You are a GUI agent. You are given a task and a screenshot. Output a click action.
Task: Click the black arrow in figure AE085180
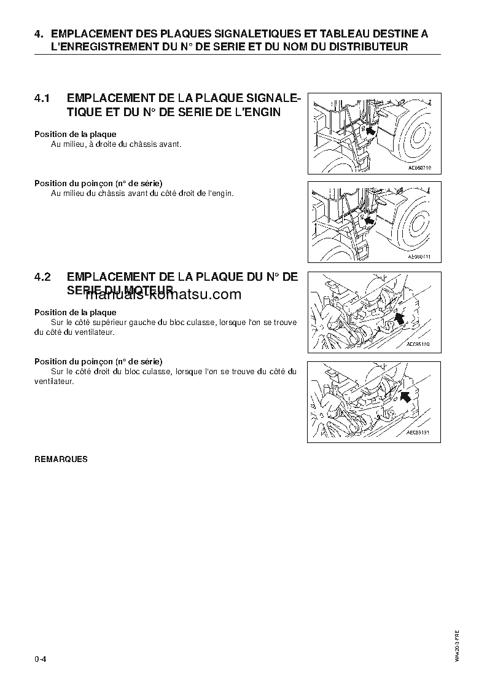pos(400,317)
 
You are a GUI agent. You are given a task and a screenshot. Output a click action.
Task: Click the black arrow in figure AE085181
pos(405,397)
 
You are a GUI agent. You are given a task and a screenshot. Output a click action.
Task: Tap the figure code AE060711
pos(419,256)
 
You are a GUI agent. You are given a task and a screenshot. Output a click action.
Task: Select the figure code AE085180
pos(418,344)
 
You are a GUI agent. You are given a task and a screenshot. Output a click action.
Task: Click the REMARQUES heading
pos(61,459)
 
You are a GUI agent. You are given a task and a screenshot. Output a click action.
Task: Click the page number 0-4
pos(41,659)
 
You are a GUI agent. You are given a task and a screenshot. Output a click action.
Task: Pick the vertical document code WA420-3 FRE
pos(458,645)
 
